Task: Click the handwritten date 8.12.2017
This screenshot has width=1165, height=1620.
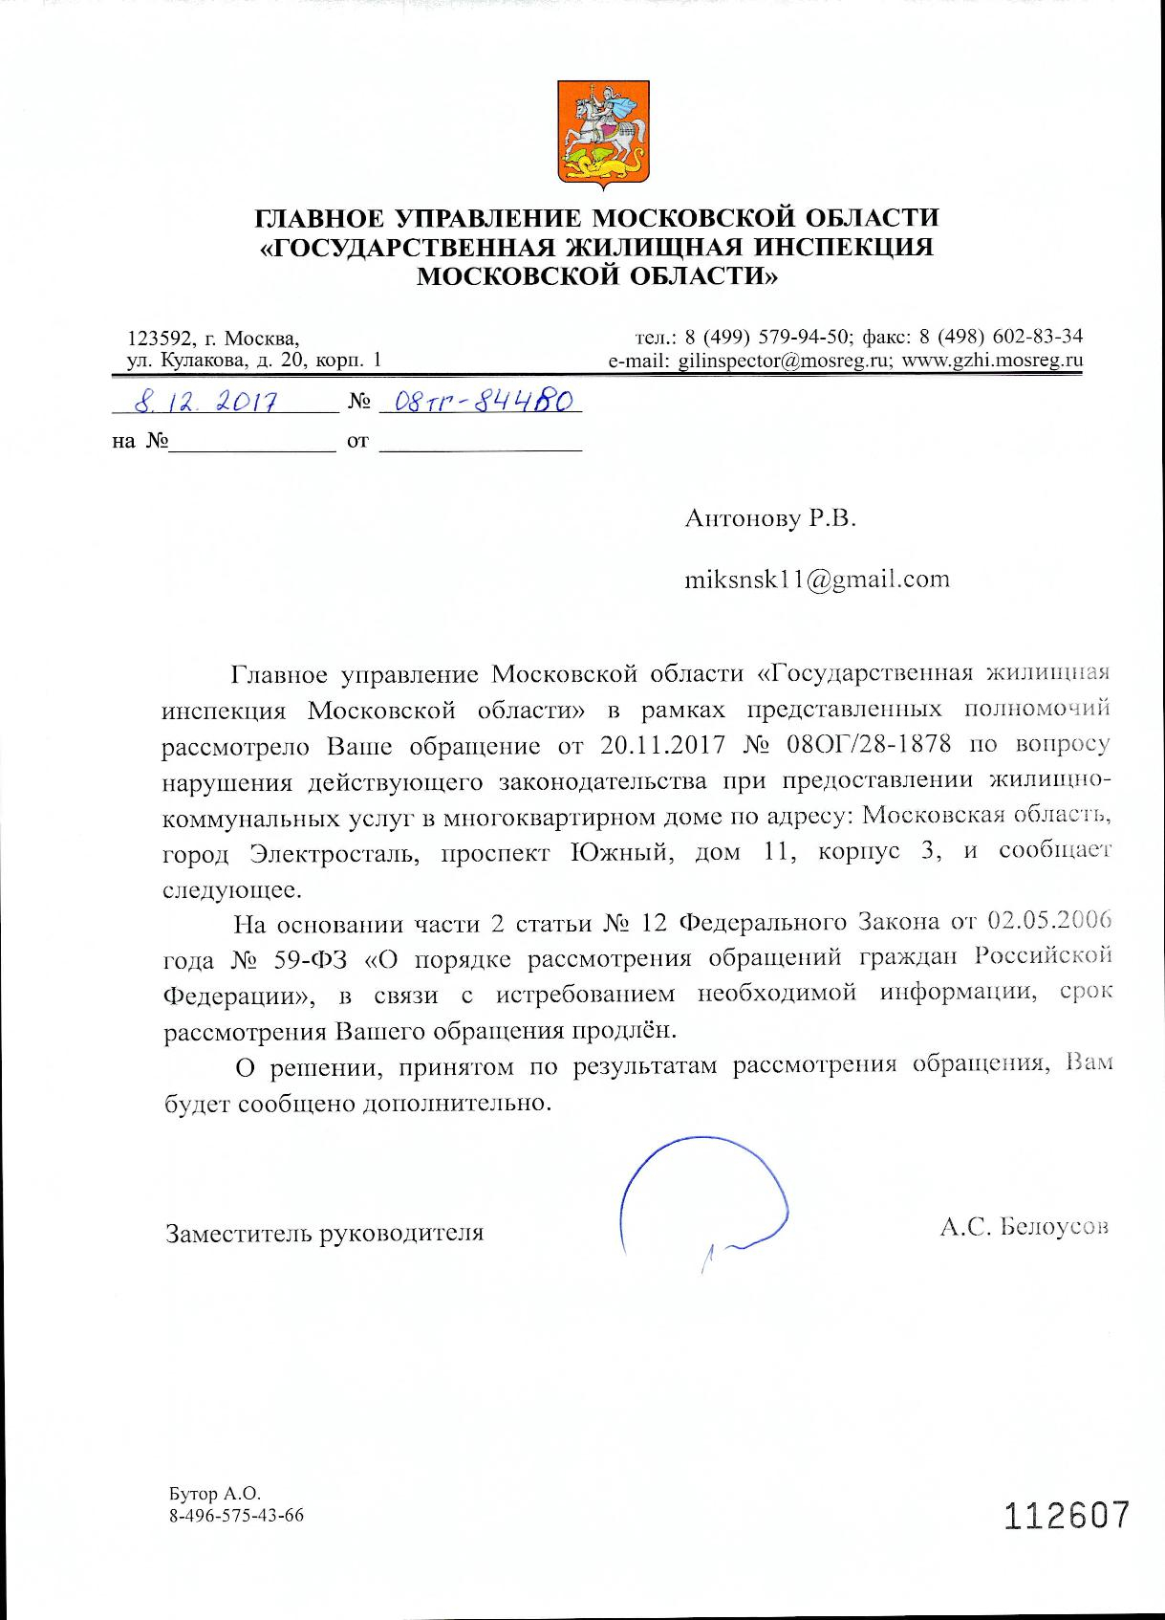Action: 205,403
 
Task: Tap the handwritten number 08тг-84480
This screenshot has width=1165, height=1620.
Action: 479,403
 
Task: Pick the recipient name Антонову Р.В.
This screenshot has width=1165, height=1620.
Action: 770,518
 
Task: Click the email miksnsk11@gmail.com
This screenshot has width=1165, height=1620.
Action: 816,579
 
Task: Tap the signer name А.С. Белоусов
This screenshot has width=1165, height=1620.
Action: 1024,1227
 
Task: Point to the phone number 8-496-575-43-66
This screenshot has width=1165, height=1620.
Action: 236,1516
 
